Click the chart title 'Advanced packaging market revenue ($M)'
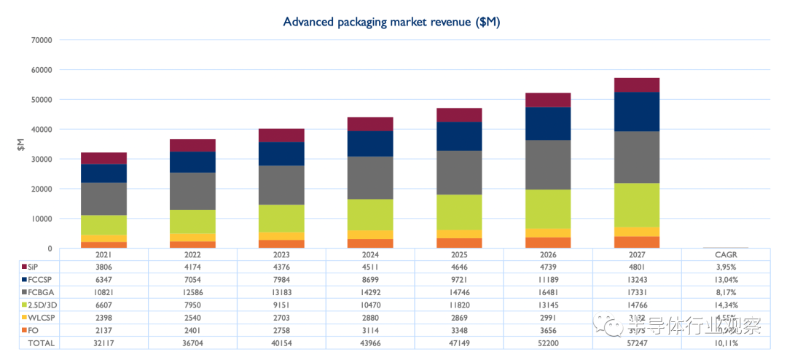coord(391,22)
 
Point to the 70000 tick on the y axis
coord(41,40)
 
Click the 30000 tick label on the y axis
coord(41,159)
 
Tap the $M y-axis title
coord(21,144)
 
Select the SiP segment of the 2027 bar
coord(637,85)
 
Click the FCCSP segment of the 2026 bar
coord(549,123)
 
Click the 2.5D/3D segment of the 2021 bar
coord(104,225)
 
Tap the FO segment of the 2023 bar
coord(282,244)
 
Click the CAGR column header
coord(726,254)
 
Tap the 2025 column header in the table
coord(459,254)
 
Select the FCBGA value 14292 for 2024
coord(370,291)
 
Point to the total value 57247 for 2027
coord(637,342)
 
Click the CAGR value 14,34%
coord(726,304)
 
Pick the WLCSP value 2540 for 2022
coord(193,316)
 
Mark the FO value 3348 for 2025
coord(459,329)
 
